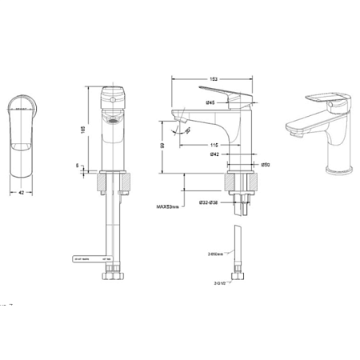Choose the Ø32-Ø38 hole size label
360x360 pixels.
pos(209,203)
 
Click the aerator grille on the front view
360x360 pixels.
pos(113,122)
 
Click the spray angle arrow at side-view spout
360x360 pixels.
pos(186,130)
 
